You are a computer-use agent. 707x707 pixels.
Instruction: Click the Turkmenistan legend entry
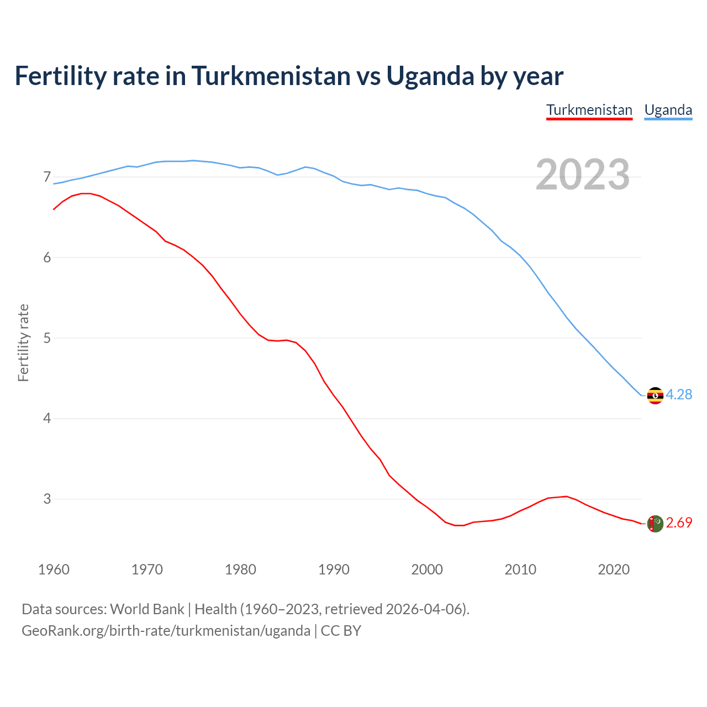click(589, 110)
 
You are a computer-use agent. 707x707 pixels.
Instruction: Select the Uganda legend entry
click(668, 110)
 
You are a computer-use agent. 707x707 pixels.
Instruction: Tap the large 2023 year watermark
click(583, 175)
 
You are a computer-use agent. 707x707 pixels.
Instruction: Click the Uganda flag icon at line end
click(655, 395)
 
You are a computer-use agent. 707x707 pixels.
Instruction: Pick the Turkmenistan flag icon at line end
click(655, 524)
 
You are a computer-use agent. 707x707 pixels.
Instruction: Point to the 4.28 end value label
click(679, 394)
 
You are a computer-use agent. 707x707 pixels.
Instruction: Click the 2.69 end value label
click(679, 523)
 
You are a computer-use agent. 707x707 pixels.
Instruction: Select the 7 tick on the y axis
click(47, 177)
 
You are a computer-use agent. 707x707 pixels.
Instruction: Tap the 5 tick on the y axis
click(47, 338)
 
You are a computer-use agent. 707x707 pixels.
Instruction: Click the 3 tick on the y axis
click(47, 499)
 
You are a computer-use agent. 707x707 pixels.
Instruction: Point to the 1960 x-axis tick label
click(54, 569)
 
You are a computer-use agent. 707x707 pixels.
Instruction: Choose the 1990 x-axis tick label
click(334, 569)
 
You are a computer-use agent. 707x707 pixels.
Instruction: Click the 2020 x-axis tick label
click(614, 569)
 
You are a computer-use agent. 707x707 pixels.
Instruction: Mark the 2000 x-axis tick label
click(427, 569)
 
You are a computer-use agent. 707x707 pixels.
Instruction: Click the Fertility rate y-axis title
click(23, 342)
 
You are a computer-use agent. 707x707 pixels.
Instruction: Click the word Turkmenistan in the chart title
click(271, 76)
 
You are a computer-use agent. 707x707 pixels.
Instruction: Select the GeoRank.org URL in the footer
click(166, 631)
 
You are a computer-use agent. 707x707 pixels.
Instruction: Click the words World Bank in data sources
click(147, 609)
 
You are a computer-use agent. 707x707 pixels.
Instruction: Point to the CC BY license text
click(341, 631)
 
